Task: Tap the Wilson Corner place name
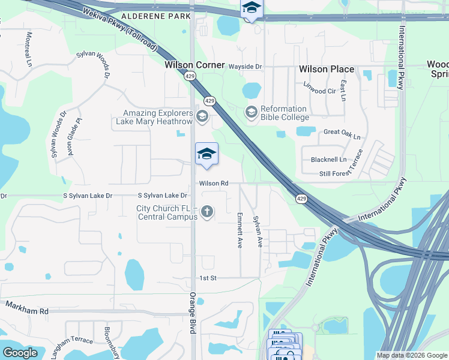point(194,65)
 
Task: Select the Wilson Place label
point(327,70)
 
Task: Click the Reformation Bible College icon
point(251,112)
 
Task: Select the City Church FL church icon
point(207,212)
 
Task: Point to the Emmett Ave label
point(240,230)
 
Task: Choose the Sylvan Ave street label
point(258,231)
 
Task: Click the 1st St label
point(208,278)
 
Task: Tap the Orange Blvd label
point(193,309)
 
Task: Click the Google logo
point(20,352)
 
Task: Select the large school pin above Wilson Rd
point(206,155)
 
